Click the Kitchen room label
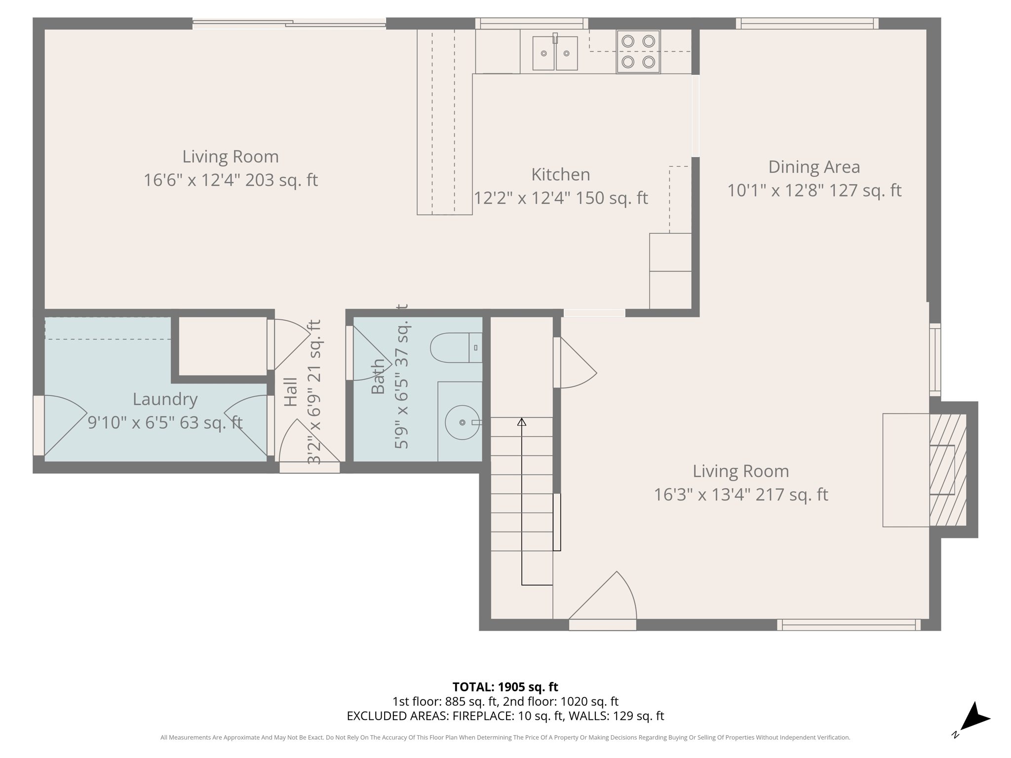(560, 175)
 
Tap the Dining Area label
(814, 167)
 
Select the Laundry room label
(165, 399)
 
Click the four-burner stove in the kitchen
(638, 52)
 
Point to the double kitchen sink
(555, 53)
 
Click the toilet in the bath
(455, 348)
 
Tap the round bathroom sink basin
(462, 423)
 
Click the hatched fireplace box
(947, 470)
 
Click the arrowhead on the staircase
(522, 422)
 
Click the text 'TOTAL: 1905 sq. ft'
(505, 687)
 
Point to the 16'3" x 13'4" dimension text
(740, 494)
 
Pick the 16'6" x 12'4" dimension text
(230, 180)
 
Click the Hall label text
(291, 392)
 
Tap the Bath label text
(378, 377)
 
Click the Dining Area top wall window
(807, 23)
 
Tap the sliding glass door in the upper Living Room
(289, 23)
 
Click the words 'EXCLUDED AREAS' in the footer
(397, 716)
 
